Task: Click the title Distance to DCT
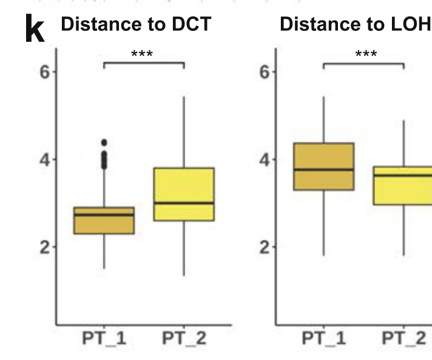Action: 136,24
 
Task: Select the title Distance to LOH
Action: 355,24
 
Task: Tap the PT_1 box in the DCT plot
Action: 104,220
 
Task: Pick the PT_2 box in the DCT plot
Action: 184,194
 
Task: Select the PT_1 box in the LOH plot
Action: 323,166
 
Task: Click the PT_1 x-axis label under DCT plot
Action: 104,338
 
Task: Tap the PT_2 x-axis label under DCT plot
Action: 184,338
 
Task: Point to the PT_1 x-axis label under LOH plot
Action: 323,338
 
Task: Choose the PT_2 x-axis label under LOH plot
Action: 403,338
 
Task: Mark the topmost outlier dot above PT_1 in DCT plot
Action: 104,143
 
